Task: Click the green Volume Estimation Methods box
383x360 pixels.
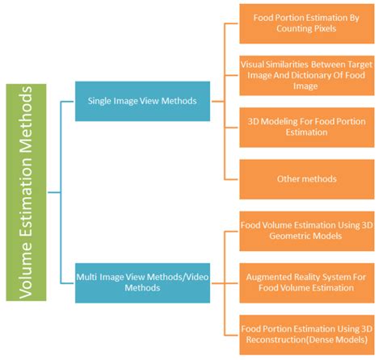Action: (26, 192)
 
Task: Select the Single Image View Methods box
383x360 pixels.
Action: (142, 101)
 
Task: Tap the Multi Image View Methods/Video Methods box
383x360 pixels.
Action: (142, 283)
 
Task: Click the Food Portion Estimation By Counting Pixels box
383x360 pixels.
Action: (307, 23)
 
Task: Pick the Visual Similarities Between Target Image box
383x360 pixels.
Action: (307, 75)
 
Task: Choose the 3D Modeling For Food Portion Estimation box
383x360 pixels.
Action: (307, 128)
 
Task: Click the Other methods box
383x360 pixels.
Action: (307, 179)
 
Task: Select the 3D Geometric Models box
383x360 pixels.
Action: (307, 231)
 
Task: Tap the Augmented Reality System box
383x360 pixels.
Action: (307, 283)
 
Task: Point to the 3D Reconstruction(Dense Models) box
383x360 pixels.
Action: (307, 335)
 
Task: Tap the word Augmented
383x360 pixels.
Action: (269, 278)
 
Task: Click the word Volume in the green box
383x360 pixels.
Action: (26, 271)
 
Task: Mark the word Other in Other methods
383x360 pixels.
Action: (287, 179)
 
